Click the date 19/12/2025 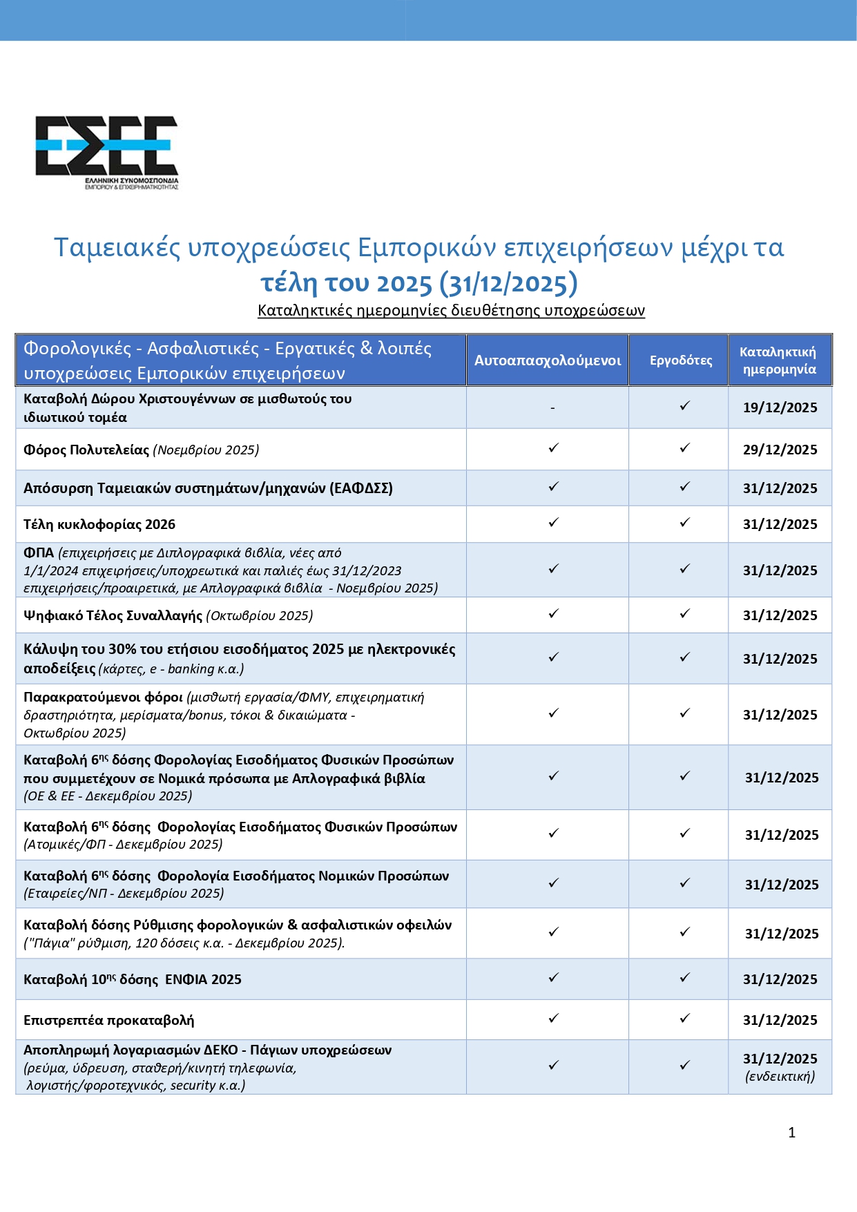tap(780, 407)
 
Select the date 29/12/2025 tap(780, 450)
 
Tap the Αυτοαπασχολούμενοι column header tap(547, 360)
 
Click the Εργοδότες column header tap(680, 360)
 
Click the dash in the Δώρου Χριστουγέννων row tap(552, 408)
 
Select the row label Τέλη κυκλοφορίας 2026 tap(99, 524)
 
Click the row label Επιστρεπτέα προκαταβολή tap(108, 1020)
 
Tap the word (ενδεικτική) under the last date tap(780, 1076)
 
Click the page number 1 tap(791, 1133)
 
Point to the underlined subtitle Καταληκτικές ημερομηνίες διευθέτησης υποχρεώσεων tap(451, 310)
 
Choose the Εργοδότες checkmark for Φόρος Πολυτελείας tap(684, 448)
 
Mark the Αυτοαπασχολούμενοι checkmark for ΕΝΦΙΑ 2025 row tap(553, 977)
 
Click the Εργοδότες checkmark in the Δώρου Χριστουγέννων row tap(684, 405)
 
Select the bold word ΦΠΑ tap(39, 552)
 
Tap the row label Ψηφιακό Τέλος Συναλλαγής tap(113, 615)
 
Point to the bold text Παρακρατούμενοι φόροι tap(103, 697)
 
